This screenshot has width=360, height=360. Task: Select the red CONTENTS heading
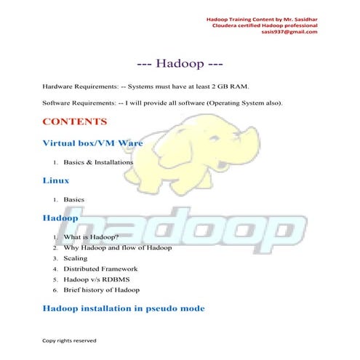(x=74, y=121)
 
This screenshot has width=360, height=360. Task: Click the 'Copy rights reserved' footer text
(x=69, y=340)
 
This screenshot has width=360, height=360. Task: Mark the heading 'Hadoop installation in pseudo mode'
(x=123, y=308)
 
